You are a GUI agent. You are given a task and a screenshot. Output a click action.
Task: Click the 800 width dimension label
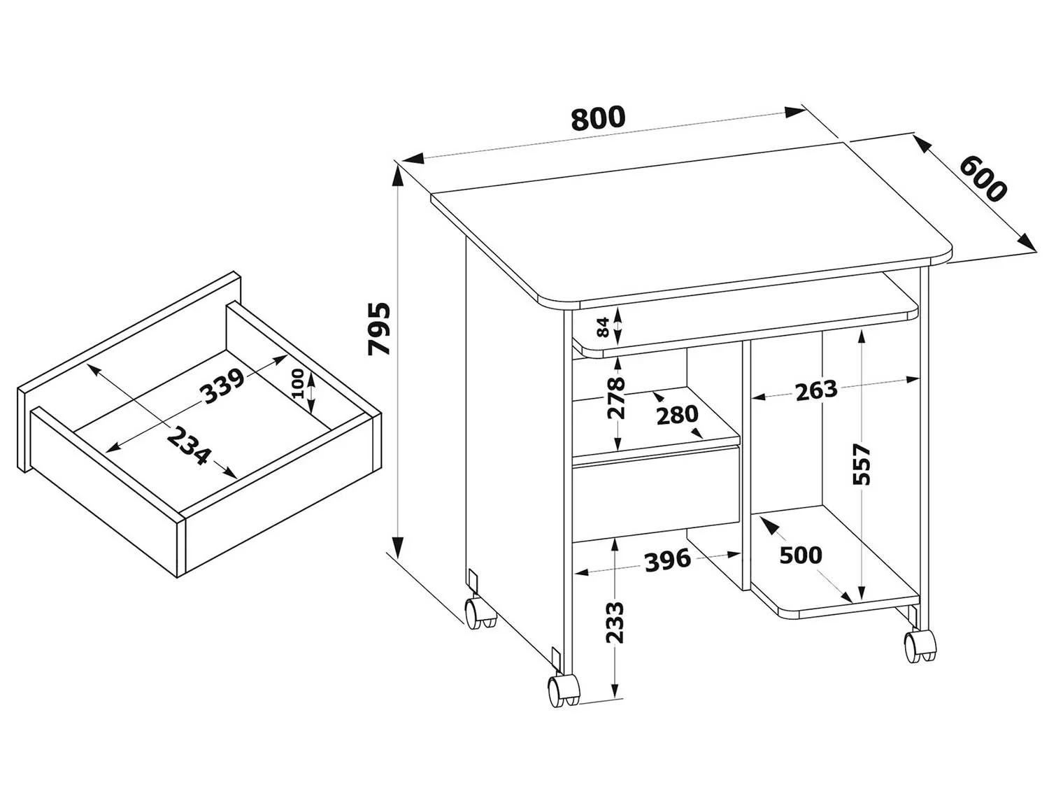pos(598,118)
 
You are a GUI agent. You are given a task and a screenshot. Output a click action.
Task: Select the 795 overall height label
pos(380,329)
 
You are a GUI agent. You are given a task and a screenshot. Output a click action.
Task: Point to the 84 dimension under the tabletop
pos(603,327)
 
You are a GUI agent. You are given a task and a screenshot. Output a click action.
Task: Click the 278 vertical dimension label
pos(615,398)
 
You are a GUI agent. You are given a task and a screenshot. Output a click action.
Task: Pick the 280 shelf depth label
pos(677,416)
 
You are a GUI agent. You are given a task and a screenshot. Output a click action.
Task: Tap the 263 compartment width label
pos(816,390)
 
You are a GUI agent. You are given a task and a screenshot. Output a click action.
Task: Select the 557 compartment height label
pos(862,464)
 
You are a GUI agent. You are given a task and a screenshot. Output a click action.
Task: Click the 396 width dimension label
pos(668,560)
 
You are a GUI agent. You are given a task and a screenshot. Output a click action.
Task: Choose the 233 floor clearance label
pos(615,623)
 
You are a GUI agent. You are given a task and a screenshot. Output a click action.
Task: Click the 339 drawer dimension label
pos(222,386)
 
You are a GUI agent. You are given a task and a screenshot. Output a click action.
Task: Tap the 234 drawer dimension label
pos(189,446)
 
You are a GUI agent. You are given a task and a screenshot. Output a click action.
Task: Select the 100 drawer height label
pos(298,383)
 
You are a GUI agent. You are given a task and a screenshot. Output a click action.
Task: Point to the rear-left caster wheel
pos(480,613)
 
